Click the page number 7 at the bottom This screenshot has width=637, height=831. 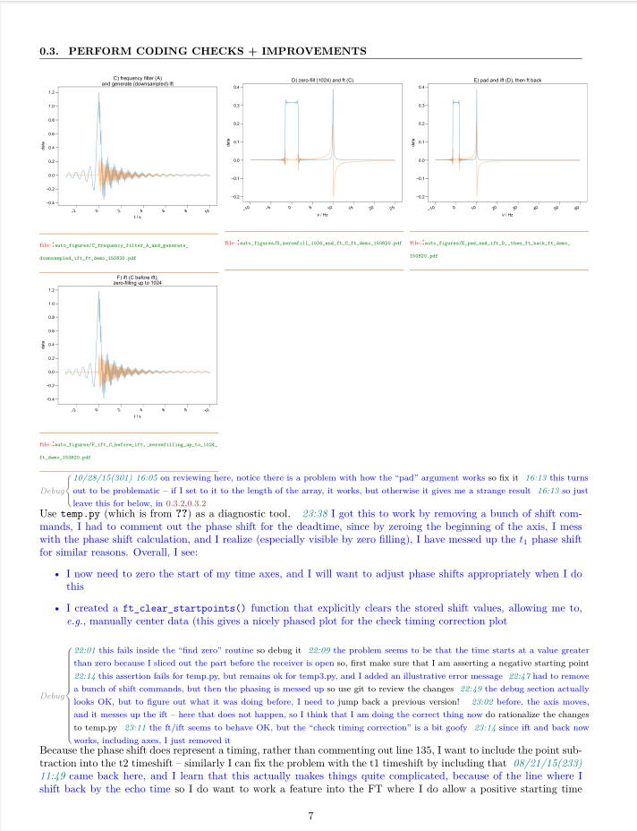point(310,816)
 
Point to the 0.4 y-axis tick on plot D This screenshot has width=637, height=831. point(237,87)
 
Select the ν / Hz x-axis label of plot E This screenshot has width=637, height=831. point(506,215)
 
